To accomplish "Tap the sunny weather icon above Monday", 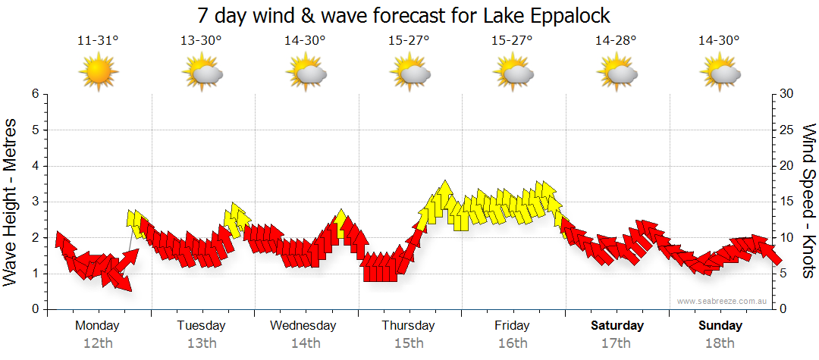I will (98, 73).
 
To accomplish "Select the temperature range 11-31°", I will (98, 41).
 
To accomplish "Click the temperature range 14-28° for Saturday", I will (616, 41).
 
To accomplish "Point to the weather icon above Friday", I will (513, 73).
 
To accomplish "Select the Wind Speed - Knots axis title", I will (808, 201).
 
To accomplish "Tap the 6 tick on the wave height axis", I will (35, 94).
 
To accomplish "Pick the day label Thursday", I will (408, 326).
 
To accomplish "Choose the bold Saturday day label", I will (617, 326).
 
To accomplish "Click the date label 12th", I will (98, 343).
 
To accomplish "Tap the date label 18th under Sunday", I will (720, 343).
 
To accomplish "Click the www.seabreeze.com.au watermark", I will (723, 301).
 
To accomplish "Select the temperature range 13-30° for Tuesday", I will (201, 41).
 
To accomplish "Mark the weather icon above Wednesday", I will (306, 73).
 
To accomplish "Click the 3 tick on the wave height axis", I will (35, 202).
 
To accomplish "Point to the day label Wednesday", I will (303, 326).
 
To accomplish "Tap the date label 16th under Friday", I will (513, 343).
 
